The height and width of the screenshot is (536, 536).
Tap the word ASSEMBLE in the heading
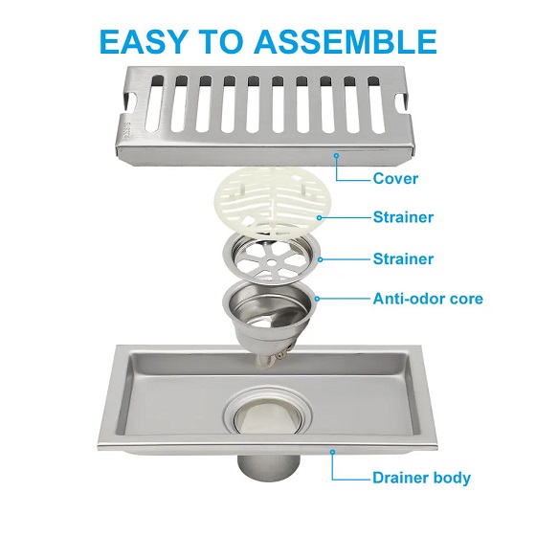[345, 42]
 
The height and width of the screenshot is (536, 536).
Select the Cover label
[395, 178]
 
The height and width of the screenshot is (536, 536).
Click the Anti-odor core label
[428, 299]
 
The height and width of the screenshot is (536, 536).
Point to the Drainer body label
[421, 478]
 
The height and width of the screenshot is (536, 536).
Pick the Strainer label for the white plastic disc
[403, 217]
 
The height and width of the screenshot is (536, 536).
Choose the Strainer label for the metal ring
[403, 258]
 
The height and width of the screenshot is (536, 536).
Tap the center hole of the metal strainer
[271, 262]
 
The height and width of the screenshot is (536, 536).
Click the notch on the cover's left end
[131, 101]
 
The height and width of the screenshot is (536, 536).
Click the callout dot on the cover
[337, 155]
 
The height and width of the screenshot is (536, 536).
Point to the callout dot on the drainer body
[332, 452]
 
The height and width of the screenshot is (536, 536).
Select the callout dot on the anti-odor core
[317, 299]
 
